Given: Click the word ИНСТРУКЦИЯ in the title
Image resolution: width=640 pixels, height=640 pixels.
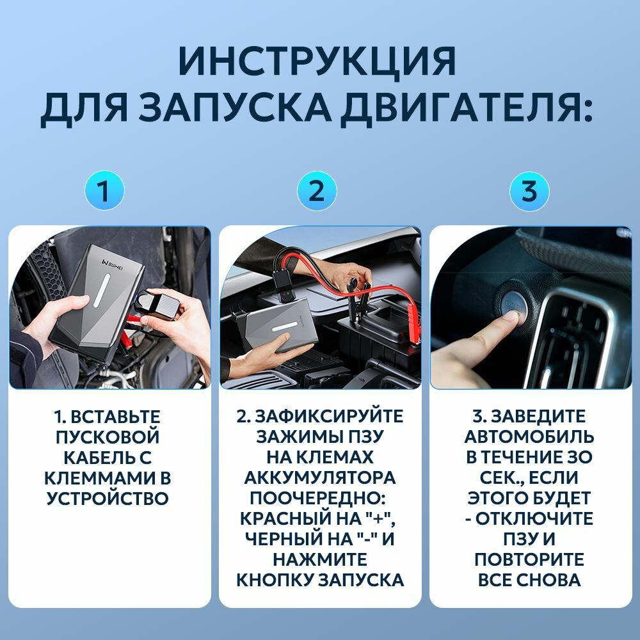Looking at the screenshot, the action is point(317,61).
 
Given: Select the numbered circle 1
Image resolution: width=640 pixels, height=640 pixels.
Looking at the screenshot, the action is point(104,191).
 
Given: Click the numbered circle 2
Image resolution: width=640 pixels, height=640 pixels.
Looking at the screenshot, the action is point(317,191).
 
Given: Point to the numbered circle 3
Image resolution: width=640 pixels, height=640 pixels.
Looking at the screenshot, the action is point(529,191).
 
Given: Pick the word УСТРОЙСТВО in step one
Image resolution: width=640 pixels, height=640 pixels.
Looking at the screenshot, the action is point(108,499).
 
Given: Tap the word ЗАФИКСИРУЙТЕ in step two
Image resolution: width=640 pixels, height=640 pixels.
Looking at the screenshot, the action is point(330,417).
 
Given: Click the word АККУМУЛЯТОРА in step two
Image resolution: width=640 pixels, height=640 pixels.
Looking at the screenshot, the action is point(319,477).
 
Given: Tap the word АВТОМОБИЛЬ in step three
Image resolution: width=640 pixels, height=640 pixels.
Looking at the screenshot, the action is point(529,436).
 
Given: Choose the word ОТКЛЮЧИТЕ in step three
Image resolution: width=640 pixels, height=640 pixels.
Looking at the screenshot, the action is point(534,518).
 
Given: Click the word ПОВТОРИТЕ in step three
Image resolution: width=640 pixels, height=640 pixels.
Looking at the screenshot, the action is point(529,559).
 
